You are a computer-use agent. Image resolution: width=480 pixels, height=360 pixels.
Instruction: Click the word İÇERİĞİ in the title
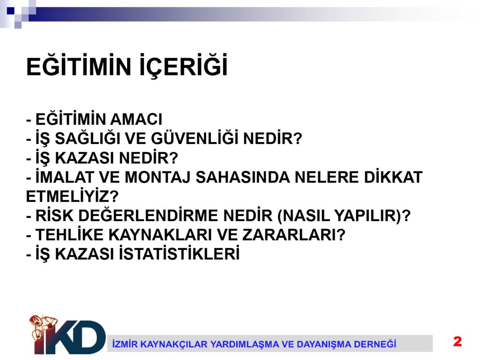tap(184, 66)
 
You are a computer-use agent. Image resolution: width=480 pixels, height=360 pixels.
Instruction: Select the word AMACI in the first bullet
tap(136, 120)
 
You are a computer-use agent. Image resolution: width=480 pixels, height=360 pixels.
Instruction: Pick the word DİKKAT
tap(393, 177)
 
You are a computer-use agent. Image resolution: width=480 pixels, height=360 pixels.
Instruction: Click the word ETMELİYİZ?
tap(72, 196)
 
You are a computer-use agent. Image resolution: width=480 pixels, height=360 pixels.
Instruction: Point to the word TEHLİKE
tap(70, 234)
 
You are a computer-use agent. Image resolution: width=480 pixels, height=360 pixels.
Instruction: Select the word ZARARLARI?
tap(294, 235)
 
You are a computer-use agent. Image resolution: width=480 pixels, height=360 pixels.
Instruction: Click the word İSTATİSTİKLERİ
tap(179, 253)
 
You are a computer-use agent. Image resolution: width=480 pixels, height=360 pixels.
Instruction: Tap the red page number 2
tap(457, 341)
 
